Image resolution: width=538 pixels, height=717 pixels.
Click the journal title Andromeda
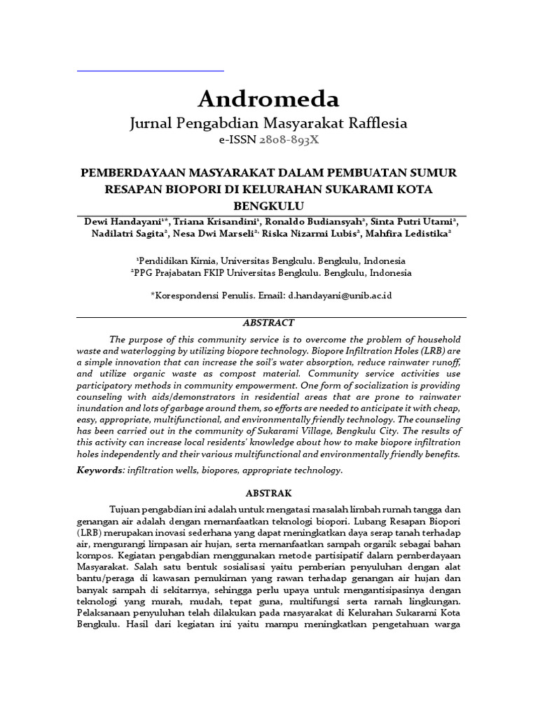pyautogui.click(x=268, y=99)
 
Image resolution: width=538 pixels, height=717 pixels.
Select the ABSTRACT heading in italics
pyautogui.click(x=268, y=323)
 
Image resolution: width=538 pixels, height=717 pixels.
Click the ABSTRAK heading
pyautogui.click(x=268, y=493)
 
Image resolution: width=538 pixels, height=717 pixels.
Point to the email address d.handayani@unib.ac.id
pyautogui.click(x=340, y=295)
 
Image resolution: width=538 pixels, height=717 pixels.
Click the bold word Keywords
pyautogui.click(x=100, y=470)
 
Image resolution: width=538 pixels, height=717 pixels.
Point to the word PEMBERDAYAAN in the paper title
pyautogui.click(x=131, y=172)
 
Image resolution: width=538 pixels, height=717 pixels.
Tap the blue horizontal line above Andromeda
pyautogui.click(x=150, y=71)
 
